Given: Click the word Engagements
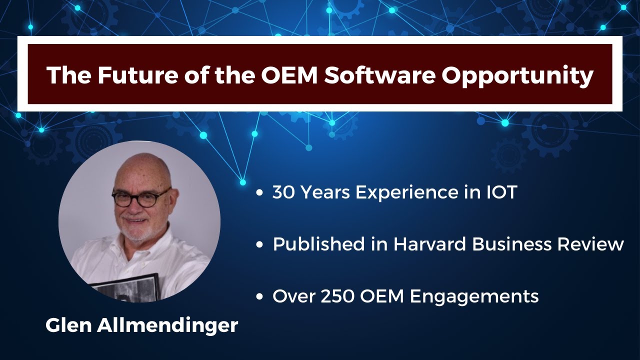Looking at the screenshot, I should [x=474, y=297].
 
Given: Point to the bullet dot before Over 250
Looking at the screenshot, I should [x=259, y=296].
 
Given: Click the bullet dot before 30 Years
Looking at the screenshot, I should [x=259, y=193].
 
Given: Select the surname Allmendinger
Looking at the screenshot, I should [x=167, y=326].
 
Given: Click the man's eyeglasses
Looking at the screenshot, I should [x=141, y=197].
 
